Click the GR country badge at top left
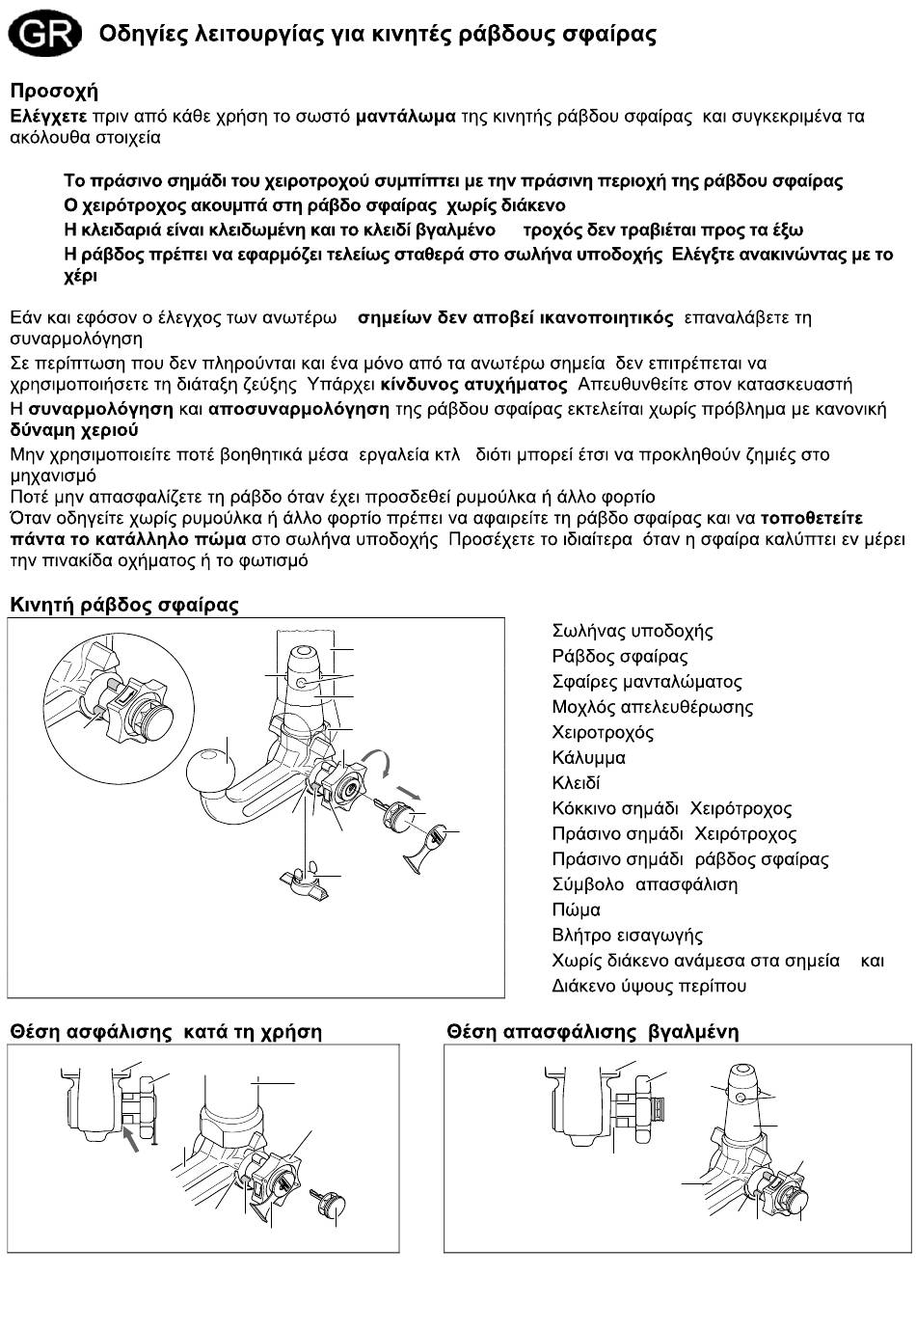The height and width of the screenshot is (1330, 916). (44, 36)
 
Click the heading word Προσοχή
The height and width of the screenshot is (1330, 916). (54, 92)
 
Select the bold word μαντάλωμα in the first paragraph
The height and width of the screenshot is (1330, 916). (405, 117)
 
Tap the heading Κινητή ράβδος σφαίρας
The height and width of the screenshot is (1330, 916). (124, 606)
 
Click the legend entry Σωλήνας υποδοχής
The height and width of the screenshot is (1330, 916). (633, 632)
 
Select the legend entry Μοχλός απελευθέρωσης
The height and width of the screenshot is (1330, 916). (653, 707)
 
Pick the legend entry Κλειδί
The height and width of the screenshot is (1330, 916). (576, 783)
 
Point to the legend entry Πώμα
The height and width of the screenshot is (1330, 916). (577, 909)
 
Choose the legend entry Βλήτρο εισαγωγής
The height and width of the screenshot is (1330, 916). (628, 936)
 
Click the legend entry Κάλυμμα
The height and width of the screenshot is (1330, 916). (588, 758)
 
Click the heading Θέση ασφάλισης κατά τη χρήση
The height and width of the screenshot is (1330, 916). (166, 1032)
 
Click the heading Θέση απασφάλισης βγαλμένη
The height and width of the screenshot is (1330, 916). (593, 1032)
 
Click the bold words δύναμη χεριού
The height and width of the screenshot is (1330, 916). (74, 430)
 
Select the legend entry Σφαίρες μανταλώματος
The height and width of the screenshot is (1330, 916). (647, 682)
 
